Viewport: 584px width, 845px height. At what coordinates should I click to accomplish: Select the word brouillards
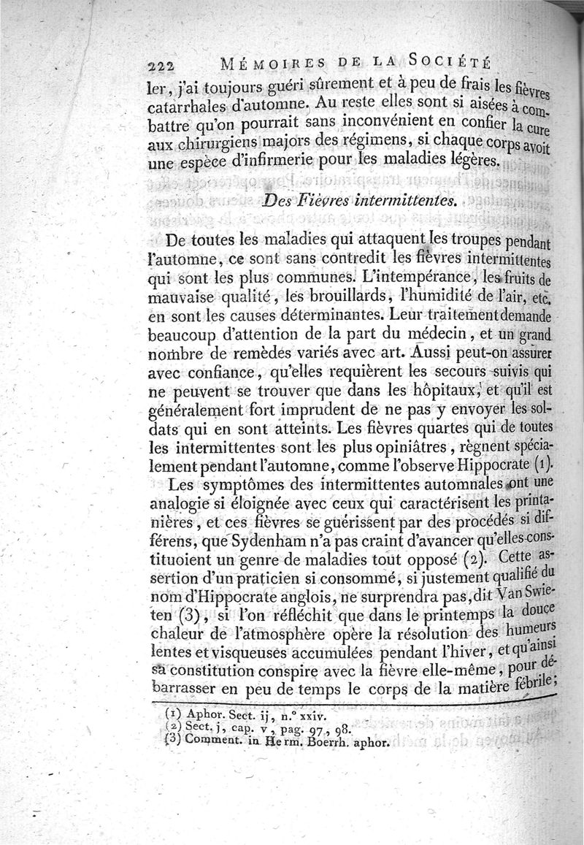click(x=286, y=297)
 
